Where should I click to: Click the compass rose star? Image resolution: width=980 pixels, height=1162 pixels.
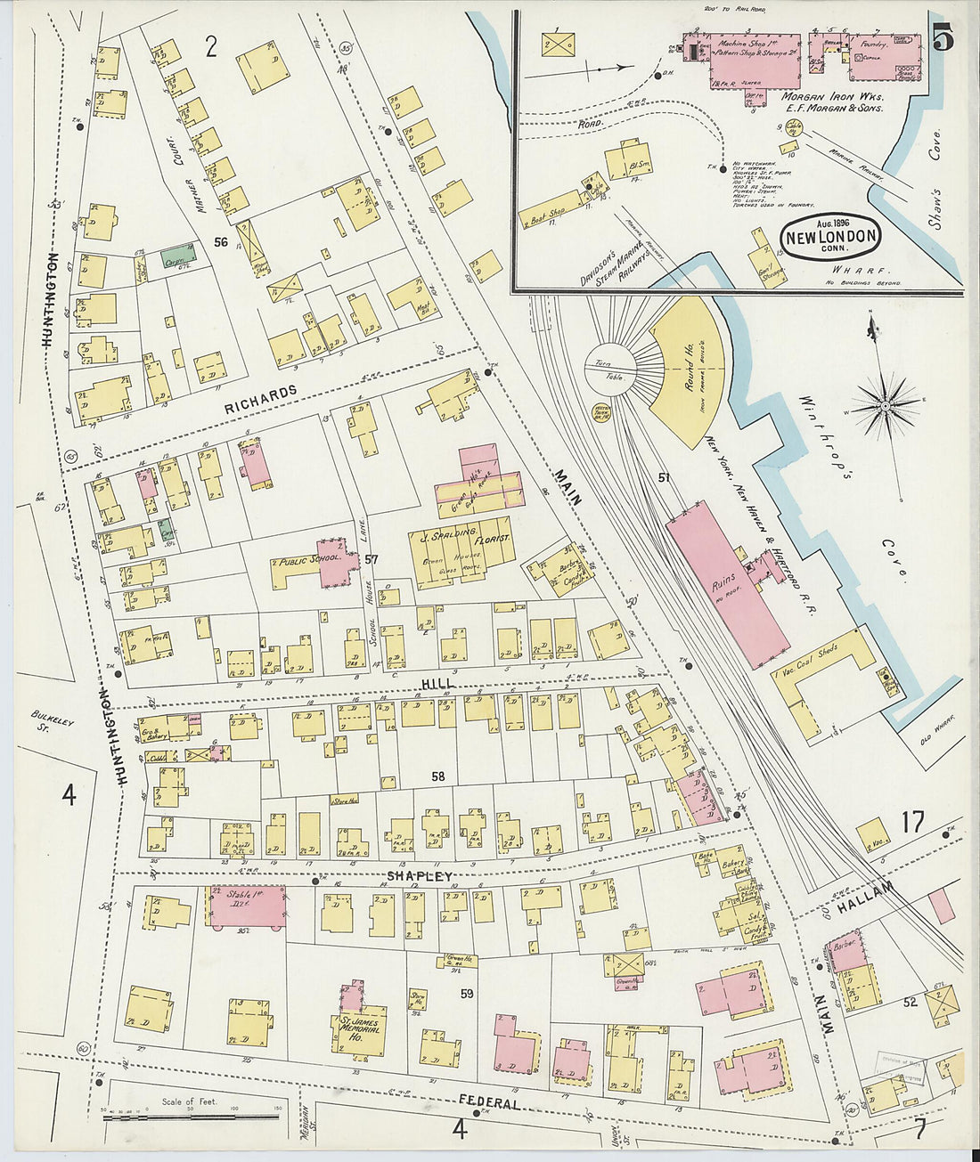tap(886, 407)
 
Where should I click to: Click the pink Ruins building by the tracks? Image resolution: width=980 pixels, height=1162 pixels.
tap(726, 583)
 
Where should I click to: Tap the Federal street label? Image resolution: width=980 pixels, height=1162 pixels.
tap(489, 1103)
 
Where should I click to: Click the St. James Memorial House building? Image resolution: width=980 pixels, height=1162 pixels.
tap(361, 1030)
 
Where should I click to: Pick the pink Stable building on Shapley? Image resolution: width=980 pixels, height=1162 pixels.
tap(247, 906)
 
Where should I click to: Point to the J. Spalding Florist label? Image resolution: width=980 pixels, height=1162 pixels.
tap(461, 539)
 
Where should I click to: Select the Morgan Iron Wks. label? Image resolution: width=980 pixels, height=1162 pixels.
tap(821, 96)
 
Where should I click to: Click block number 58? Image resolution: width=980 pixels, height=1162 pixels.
tap(437, 776)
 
